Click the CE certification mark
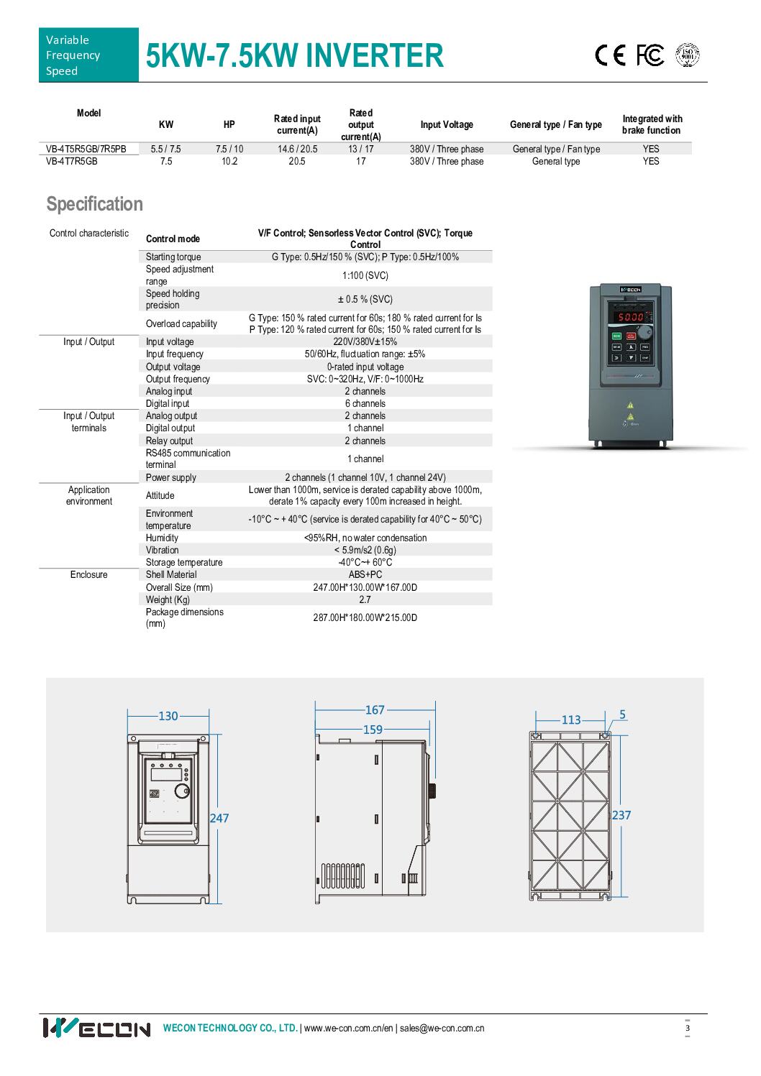(610, 56)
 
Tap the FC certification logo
(650, 55)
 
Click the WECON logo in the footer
(96, 1028)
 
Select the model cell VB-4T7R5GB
(72, 162)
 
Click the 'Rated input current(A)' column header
(297, 124)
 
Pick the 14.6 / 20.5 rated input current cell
(297, 150)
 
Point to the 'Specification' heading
(95, 204)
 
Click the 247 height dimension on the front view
(219, 818)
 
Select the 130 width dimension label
(168, 716)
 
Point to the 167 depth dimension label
(375, 710)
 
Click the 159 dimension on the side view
(373, 729)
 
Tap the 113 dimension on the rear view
(570, 719)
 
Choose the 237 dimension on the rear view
(621, 815)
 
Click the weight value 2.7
(365, 599)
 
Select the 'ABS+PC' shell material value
(365, 575)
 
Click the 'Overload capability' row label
(181, 324)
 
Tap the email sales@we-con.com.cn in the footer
(442, 1028)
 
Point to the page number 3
(688, 1028)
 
